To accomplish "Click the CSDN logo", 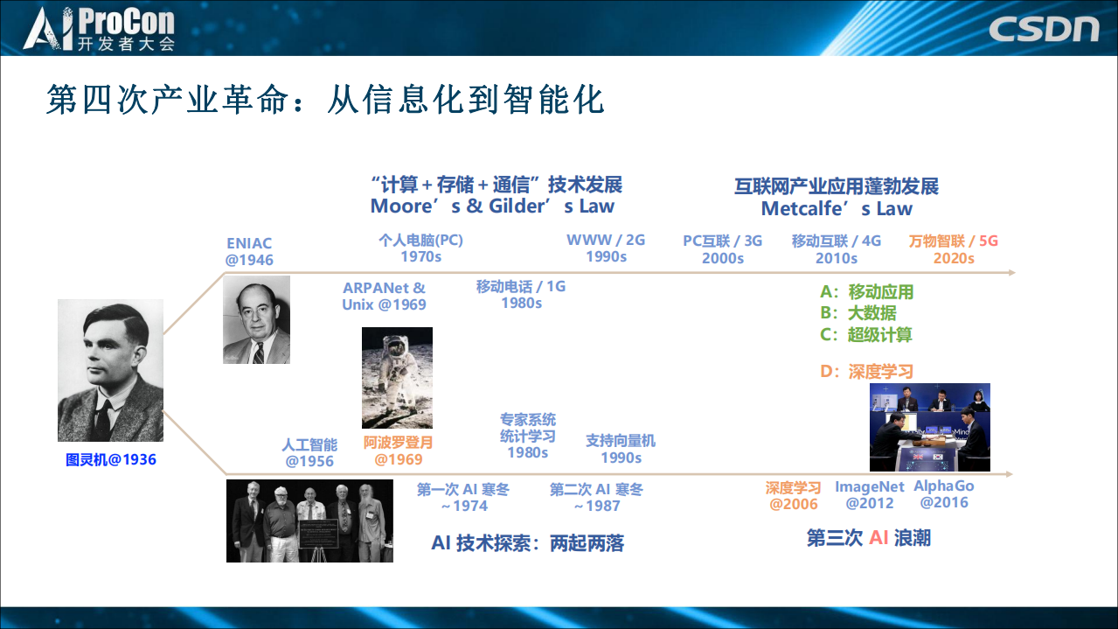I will pos(1044,28).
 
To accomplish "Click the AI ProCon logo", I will pos(99,29).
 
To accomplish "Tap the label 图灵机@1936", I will pos(110,459).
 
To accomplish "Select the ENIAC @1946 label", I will pos(249,251).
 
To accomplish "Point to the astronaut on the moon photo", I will pos(397,377).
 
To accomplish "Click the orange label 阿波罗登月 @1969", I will pos(398,451).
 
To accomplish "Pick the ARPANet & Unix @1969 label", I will pos(384,296).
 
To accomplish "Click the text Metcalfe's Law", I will pos(836,209).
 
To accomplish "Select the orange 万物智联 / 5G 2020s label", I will pos(953,249).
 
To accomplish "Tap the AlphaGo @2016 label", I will pos(943,494).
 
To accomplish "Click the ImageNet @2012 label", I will pos(869,494).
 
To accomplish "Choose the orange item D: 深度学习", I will pos(866,372).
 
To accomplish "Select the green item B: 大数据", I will pos(858,313).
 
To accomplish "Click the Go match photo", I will pos(929,427).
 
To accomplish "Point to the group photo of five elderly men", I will pos(297,521).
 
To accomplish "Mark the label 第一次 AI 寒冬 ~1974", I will pos(462,498).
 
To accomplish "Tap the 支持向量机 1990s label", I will pos(620,449).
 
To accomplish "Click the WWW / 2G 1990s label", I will pos(605,248).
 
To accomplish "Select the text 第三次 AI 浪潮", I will pos(868,538).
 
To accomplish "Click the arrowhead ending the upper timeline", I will pos(1011,272).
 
